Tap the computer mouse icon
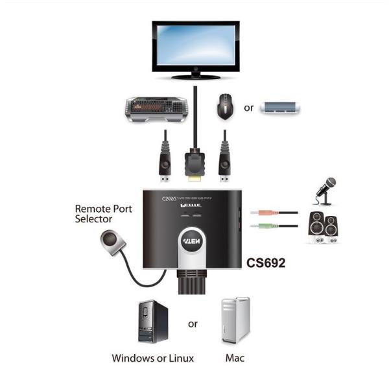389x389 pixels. (x=224, y=105)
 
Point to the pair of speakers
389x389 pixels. (x=322, y=227)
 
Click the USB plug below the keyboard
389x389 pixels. (x=165, y=165)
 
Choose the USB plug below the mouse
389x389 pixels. (x=224, y=165)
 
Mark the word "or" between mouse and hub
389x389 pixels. (x=248, y=108)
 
